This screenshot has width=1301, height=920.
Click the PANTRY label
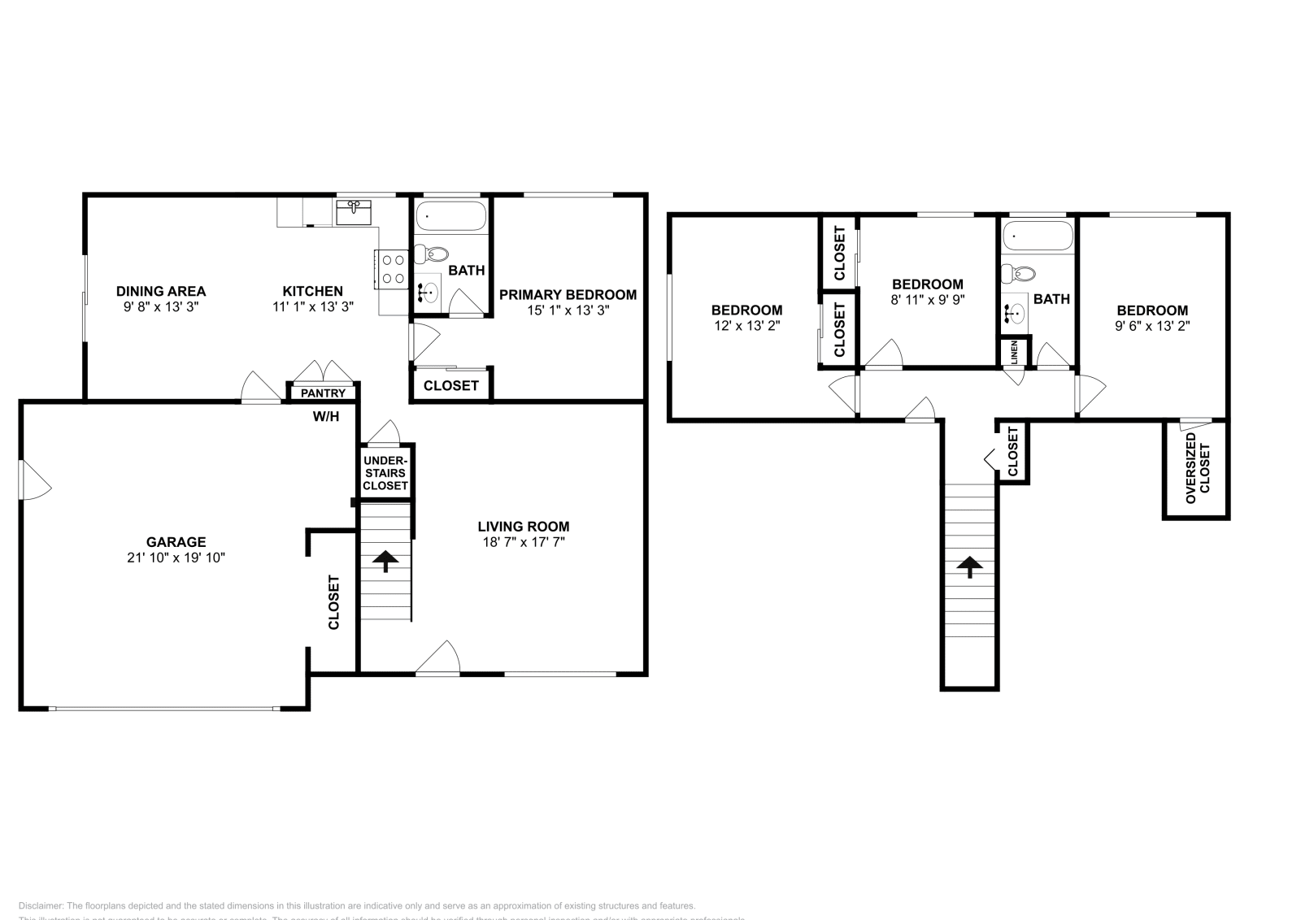(323, 393)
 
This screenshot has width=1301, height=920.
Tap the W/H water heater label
(325, 417)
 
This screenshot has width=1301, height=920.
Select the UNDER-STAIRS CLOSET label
(385, 473)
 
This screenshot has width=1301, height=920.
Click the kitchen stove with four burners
(394, 269)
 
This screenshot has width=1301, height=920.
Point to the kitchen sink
(354, 212)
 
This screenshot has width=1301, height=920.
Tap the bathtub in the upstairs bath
(1037, 236)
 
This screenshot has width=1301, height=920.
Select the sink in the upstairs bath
(1014, 311)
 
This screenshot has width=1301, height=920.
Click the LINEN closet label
(1014, 352)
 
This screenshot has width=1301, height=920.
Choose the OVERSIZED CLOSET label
(1197, 468)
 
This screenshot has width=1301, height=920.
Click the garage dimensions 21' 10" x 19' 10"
(176, 558)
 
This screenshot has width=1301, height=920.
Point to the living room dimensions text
(523, 542)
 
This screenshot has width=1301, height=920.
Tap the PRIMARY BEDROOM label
(568, 294)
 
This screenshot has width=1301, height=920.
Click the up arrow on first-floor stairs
(385, 561)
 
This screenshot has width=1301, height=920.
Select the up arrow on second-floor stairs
(969, 566)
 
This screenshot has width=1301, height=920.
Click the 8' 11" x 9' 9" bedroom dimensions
(927, 300)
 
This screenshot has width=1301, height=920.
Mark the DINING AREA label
(161, 291)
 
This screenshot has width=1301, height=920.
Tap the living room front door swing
(439, 658)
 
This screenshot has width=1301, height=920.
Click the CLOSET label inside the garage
(333, 602)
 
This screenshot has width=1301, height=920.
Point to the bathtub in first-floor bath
(450, 216)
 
